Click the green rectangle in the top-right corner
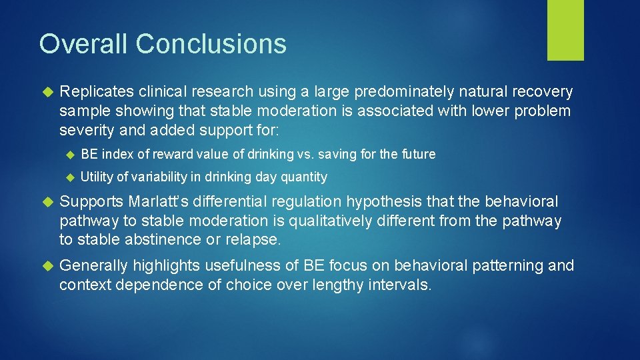click(x=565, y=30)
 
